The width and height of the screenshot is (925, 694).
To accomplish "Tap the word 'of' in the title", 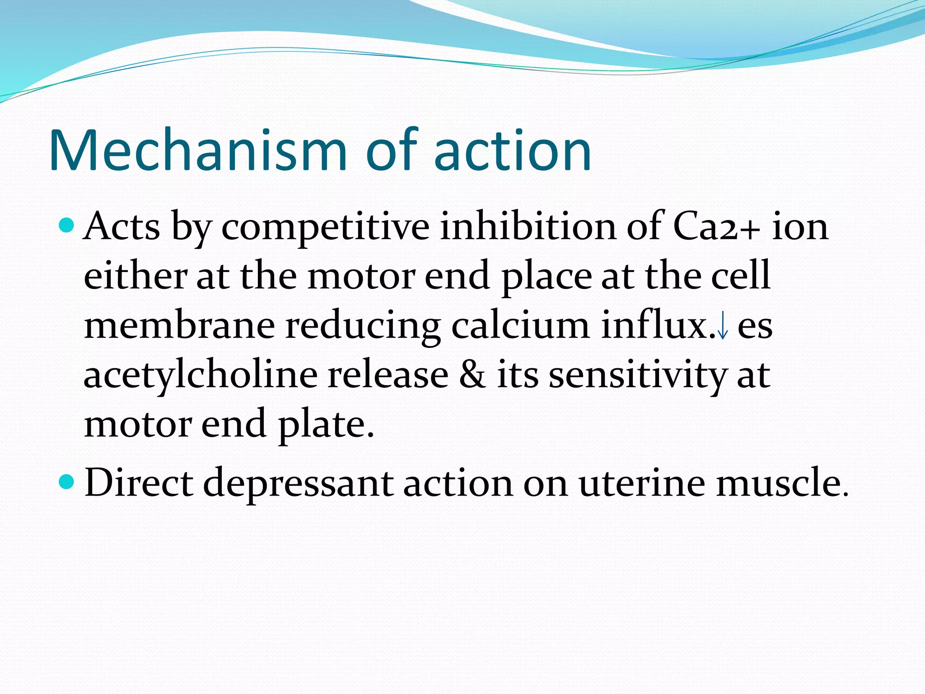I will tap(392, 150).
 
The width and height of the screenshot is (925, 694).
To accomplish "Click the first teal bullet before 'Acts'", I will tap(67, 225).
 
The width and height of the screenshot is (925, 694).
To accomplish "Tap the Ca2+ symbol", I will tap(716, 226).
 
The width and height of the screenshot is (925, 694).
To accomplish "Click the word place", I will tap(547, 277).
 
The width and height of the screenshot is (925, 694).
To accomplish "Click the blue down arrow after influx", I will tap(723, 326).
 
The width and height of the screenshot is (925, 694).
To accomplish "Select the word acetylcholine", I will tap(201, 376).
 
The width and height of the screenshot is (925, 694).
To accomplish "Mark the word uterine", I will tap(642, 483).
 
